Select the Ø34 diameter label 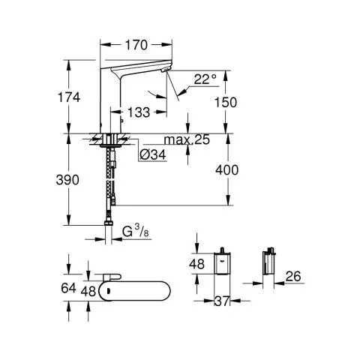coord(153,154)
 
